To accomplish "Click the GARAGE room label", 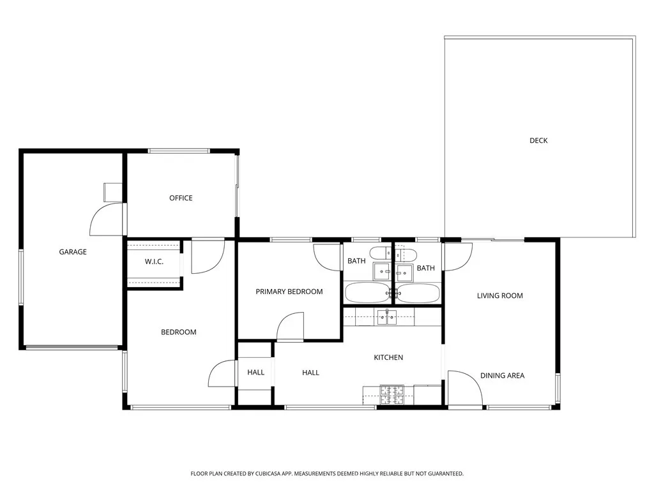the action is (x=73, y=251).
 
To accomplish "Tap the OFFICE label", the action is (x=181, y=198).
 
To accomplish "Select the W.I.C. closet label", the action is (x=154, y=262).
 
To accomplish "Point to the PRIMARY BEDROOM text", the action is (x=289, y=292).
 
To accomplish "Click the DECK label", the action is (x=538, y=140).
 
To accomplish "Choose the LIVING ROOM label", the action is (x=499, y=296).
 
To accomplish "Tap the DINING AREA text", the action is (x=502, y=375).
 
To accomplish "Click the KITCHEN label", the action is (x=388, y=357).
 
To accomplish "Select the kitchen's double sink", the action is (x=388, y=318).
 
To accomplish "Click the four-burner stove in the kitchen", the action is (x=392, y=394).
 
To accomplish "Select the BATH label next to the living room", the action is (x=425, y=268).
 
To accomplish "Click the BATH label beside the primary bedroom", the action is (x=356, y=261).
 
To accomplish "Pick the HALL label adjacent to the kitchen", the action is (x=310, y=373).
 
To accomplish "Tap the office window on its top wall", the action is (x=179, y=151).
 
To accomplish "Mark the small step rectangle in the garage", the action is (x=112, y=192).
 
